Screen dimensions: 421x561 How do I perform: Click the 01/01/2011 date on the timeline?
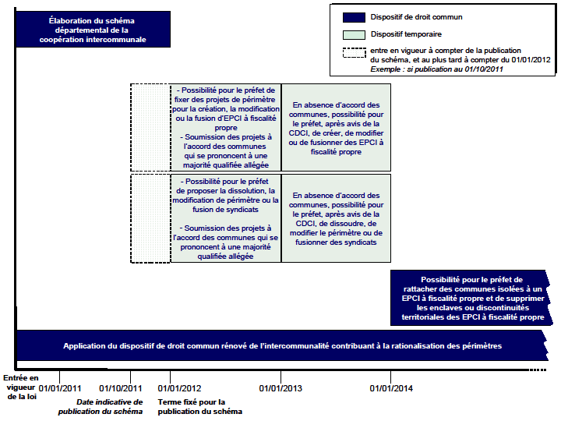(60, 388)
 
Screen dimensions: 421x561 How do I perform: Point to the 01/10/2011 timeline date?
(121, 388)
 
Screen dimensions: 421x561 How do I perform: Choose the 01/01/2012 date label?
(179, 388)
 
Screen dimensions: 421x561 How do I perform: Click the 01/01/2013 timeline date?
(280, 388)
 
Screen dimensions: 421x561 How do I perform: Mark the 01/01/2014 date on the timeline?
(391, 388)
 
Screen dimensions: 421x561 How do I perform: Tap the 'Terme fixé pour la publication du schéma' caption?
(200, 406)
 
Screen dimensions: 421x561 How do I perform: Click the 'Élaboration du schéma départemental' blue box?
(93, 30)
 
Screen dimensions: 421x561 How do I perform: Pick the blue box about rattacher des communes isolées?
(471, 299)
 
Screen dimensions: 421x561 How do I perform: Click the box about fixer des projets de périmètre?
(225, 127)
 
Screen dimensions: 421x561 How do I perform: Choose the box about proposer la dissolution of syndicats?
(225, 218)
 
